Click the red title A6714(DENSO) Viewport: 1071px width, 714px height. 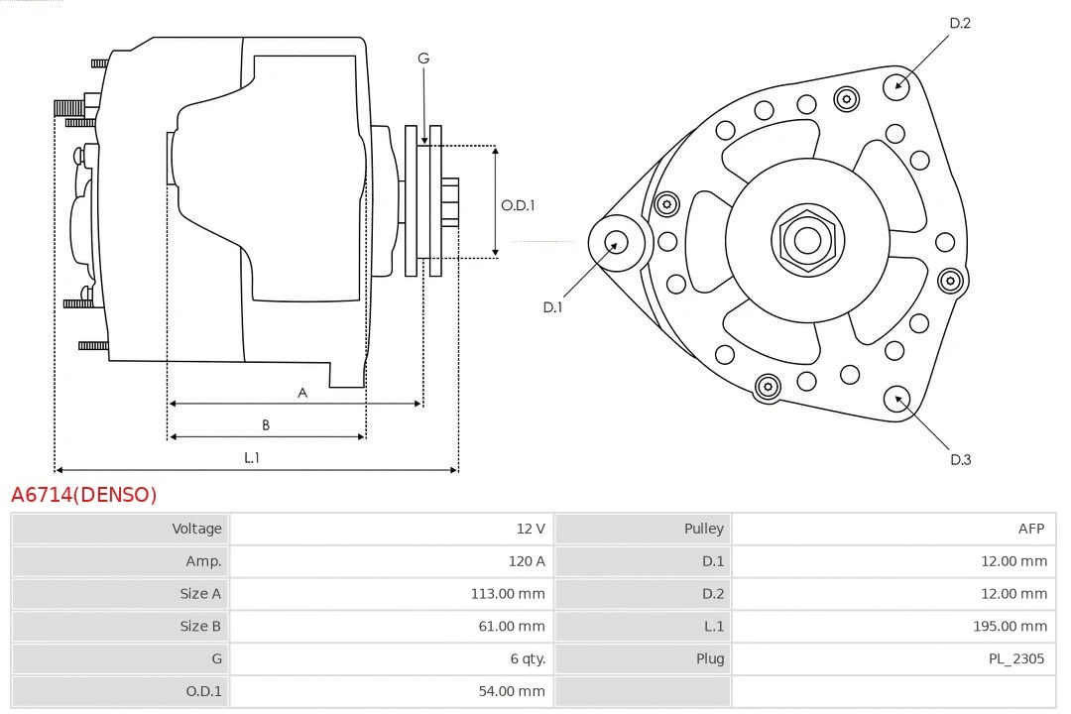pyautogui.click(x=84, y=495)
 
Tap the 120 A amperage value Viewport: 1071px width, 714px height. pyautogui.click(x=527, y=561)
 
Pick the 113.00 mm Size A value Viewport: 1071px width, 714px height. pyautogui.click(x=508, y=594)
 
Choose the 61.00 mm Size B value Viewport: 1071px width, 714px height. pyautogui.click(x=511, y=627)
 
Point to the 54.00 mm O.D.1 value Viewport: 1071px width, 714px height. pyautogui.click(x=511, y=691)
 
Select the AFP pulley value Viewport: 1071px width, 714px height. pyautogui.click(x=1030, y=529)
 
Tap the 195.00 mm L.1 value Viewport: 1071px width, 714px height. pyautogui.click(x=1010, y=627)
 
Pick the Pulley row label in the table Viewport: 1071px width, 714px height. pyautogui.click(x=703, y=529)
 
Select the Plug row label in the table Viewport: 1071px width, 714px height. pyautogui.click(x=710, y=658)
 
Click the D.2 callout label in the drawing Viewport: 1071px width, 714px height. pyautogui.click(x=960, y=23)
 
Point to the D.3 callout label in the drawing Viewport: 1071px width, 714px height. pyautogui.click(x=960, y=459)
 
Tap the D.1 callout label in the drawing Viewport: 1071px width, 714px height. pyautogui.click(x=552, y=307)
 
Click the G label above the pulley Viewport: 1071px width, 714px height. pyautogui.click(x=423, y=59)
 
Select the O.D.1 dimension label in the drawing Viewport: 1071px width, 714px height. pyautogui.click(x=518, y=205)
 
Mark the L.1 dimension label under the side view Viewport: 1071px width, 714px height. pyautogui.click(x=252, y=457)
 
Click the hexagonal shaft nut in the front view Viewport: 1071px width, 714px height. pyautogui.click(x=807, y=240)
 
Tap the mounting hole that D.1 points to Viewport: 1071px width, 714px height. pyautogui.click(x=615, y=241)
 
